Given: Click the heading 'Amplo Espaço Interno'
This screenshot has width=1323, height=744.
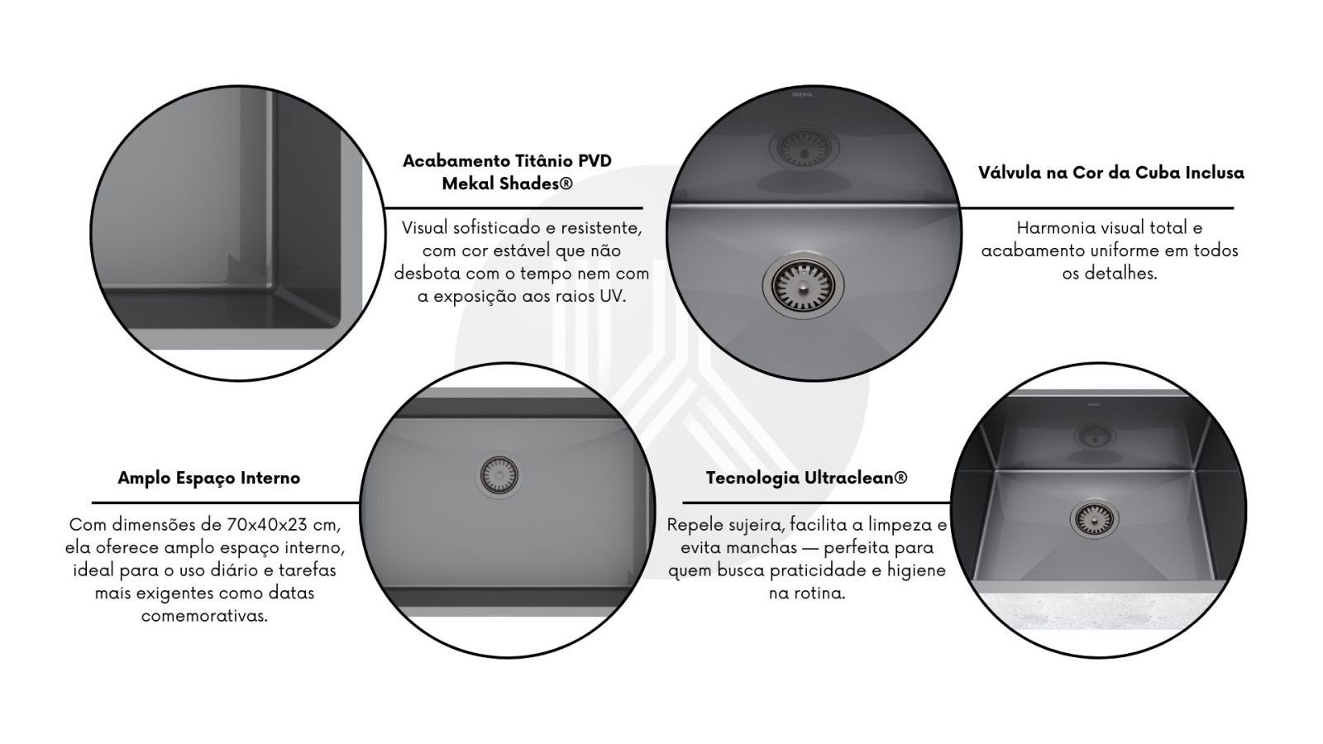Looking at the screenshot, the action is (x=208, y=478).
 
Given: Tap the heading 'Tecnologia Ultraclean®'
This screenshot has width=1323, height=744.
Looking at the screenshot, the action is (x=806, y=478).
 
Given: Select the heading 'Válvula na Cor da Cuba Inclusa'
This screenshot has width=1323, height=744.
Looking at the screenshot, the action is (x=1111, y=173).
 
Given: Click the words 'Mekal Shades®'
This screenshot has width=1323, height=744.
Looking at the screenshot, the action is (x=508, y=184).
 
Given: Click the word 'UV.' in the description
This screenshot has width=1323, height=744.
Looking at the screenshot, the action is (x=613, y=296).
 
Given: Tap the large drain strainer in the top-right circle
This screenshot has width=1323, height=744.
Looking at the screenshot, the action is (x=803, y=287).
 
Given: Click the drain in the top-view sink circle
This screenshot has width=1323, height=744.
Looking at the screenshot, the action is (x=499, y=475).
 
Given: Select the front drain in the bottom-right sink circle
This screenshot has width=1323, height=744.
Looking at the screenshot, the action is (x=1094, y=519).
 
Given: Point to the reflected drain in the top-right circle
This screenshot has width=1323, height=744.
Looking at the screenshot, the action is (x=803, y=147).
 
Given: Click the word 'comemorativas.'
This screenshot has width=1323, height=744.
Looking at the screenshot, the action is (x=204, y=616).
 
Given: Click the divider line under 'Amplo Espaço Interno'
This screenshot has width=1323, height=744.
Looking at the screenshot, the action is (x=225, y=503).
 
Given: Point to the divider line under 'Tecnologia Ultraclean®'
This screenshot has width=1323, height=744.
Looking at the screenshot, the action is (x=816, y=503).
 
